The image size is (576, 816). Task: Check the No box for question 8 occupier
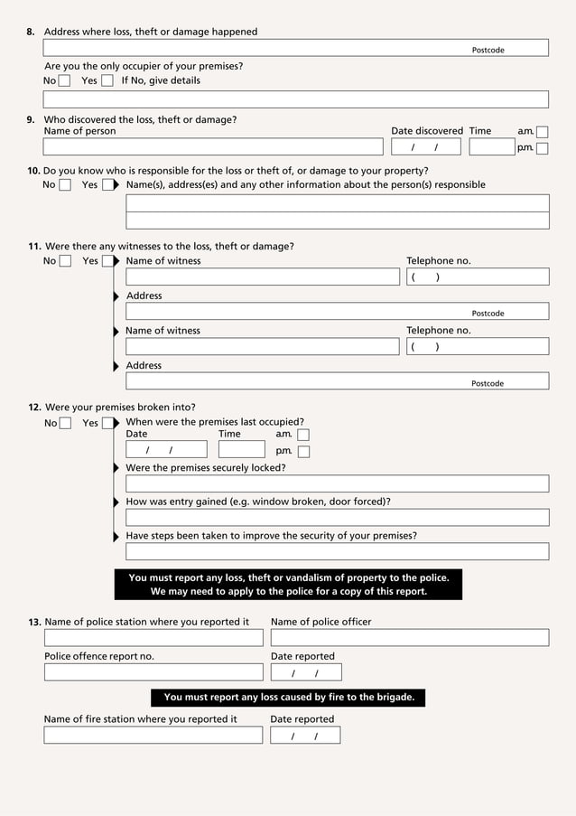click(x=64, y=81)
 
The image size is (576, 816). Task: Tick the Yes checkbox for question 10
click(x=108, y=185)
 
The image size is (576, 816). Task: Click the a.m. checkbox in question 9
click(x=542, y=132)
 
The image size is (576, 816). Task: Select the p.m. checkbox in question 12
click(x=303, y=452)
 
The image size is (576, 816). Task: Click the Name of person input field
click(x=213, y=147)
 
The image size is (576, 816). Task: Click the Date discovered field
click(x=425, y=147)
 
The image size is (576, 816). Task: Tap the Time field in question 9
click(x=491, y=147)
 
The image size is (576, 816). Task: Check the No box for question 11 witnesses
click(x=64, y=262)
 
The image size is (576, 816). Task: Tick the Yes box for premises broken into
click(x=108, y=423)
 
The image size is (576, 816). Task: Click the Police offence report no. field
click(x=153, y=672)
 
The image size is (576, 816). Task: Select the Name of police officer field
click(x=409, y=638)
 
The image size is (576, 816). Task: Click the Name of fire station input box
click(x=153, y=736)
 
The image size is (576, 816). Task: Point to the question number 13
click(x=34, y=623)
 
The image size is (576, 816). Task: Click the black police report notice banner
click(x=288, y=585)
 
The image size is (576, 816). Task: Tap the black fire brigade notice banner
click(x=288, y=698)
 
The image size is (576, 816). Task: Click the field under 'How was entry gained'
click(x=337, y=518)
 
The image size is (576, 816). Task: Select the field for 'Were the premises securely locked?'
click(x=337, y=483)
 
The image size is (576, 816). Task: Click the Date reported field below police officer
click(x=306, y=672)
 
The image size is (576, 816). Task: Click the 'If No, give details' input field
click(x=295, y=99)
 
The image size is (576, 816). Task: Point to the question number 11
click(x=34, y=247)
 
